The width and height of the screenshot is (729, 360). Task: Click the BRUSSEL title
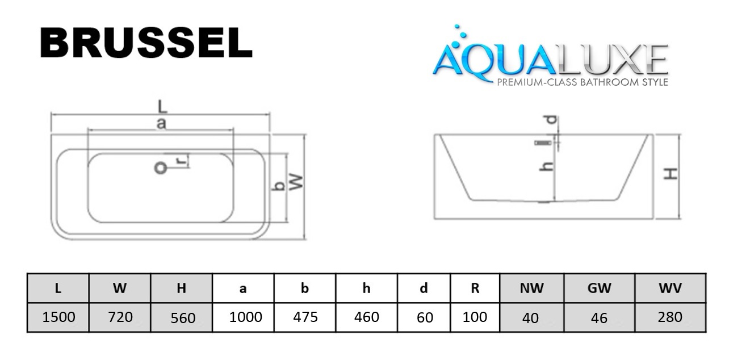tap(146, 43)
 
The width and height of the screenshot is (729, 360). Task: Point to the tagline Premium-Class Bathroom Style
tap(583, 82)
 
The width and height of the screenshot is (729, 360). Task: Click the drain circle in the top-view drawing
tap(161, 168)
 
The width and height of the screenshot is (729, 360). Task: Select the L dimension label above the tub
tap(162, 106)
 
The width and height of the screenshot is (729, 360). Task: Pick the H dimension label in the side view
tap(671, 174)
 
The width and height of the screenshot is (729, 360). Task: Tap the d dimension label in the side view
tap(550, 120)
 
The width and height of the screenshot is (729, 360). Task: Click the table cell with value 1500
tap(58, 317)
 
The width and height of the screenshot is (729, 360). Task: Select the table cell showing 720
tap(120, 317)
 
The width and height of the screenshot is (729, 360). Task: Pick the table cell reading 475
tap(305, 317)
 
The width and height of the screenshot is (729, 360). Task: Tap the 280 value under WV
tap(670, 317)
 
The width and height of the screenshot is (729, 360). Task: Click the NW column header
tap(531, 288)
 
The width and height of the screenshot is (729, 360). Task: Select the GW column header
tap(600, 288)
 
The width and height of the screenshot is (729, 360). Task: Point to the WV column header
tap(670, 288)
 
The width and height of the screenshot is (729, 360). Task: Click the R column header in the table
tap(475, 288)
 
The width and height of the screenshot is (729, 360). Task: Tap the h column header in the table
tap(366, 288)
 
